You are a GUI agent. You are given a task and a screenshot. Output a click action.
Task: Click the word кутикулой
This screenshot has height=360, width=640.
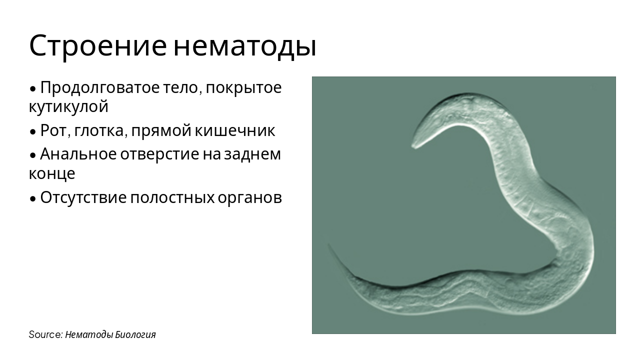tap(68, 106)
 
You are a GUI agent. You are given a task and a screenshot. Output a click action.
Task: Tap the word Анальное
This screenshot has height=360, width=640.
tap(77, 154)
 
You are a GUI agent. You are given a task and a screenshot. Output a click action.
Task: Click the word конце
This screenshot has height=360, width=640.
tap(52, 173)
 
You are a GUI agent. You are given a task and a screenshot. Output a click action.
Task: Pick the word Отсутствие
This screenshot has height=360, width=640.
tap(82, 198)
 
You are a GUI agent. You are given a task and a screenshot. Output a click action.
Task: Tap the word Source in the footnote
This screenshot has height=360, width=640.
tap(45, 334)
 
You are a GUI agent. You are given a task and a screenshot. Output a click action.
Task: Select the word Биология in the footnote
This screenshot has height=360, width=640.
tap(135, 334)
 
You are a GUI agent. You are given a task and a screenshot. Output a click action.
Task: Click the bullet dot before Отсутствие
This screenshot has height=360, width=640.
tap(33, 198)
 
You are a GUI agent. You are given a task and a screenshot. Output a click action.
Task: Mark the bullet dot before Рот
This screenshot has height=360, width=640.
tap(33, 132)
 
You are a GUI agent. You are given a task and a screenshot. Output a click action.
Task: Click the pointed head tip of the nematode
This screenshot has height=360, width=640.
tap(413, 146)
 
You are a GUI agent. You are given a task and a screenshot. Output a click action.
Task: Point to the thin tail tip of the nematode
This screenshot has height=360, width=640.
tap(329, 245)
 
